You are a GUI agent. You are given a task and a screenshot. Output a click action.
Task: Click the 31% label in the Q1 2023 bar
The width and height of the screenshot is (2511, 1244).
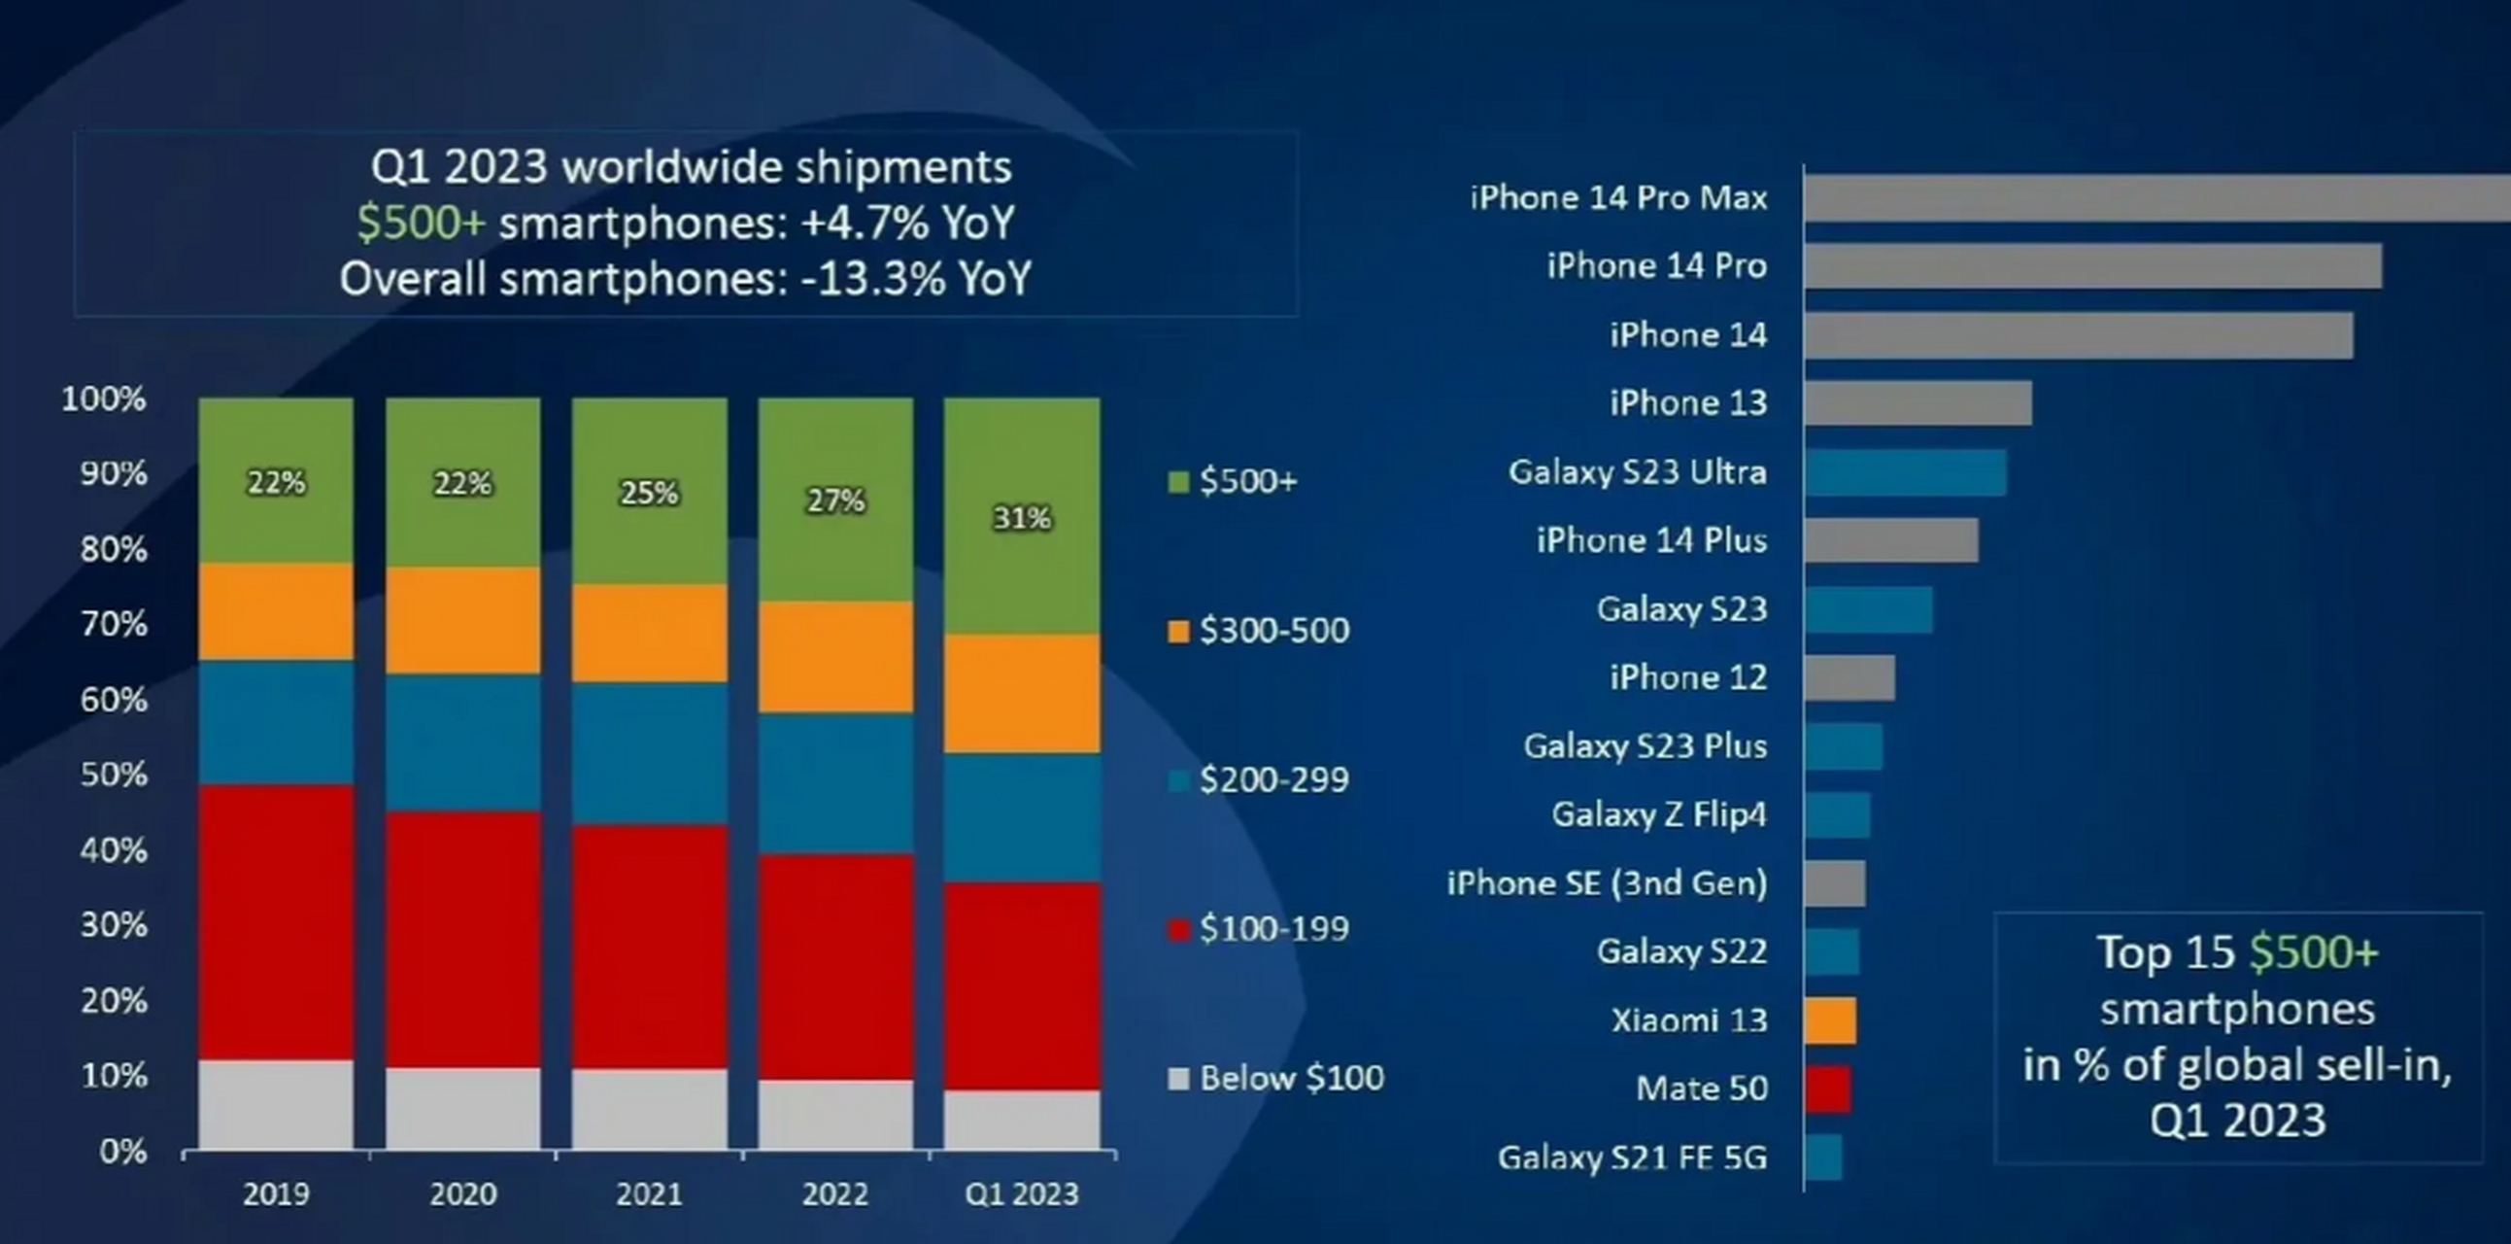1022,518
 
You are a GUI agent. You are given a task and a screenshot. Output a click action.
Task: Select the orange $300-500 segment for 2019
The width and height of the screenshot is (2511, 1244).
276,611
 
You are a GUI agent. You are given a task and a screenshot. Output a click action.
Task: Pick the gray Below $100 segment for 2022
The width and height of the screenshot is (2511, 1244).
835,1114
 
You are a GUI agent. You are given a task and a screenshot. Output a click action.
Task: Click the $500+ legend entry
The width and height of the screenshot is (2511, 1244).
1234,482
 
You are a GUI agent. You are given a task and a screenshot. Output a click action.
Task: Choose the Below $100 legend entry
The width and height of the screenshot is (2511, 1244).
1277,1078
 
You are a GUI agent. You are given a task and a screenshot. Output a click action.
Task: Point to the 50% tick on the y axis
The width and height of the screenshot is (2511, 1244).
113,775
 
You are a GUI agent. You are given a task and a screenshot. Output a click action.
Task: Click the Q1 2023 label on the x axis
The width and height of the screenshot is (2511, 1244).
1022,1194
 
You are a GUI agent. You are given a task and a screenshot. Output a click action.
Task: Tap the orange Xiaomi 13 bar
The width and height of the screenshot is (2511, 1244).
1831,1020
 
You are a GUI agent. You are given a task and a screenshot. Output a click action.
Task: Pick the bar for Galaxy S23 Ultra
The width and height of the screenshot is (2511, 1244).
1905,473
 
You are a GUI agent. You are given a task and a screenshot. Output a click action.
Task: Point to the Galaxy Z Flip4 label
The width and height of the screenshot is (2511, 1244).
1658,814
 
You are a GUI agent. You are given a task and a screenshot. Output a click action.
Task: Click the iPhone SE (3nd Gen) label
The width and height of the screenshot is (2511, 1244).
1607,883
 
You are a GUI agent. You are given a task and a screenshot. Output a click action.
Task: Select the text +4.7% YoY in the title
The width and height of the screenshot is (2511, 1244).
907,224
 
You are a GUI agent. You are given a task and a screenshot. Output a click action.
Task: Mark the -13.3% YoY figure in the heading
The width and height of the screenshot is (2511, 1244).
915,280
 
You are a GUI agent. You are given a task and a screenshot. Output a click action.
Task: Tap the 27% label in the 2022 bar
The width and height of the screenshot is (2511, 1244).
835,501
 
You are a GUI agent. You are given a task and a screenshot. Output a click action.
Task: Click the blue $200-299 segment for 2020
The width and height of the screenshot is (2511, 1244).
463,742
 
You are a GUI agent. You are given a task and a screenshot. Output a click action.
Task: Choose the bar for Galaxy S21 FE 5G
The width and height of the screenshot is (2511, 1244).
1823,1158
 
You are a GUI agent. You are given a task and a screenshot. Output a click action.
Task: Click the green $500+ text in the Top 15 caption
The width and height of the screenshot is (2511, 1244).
2314,952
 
